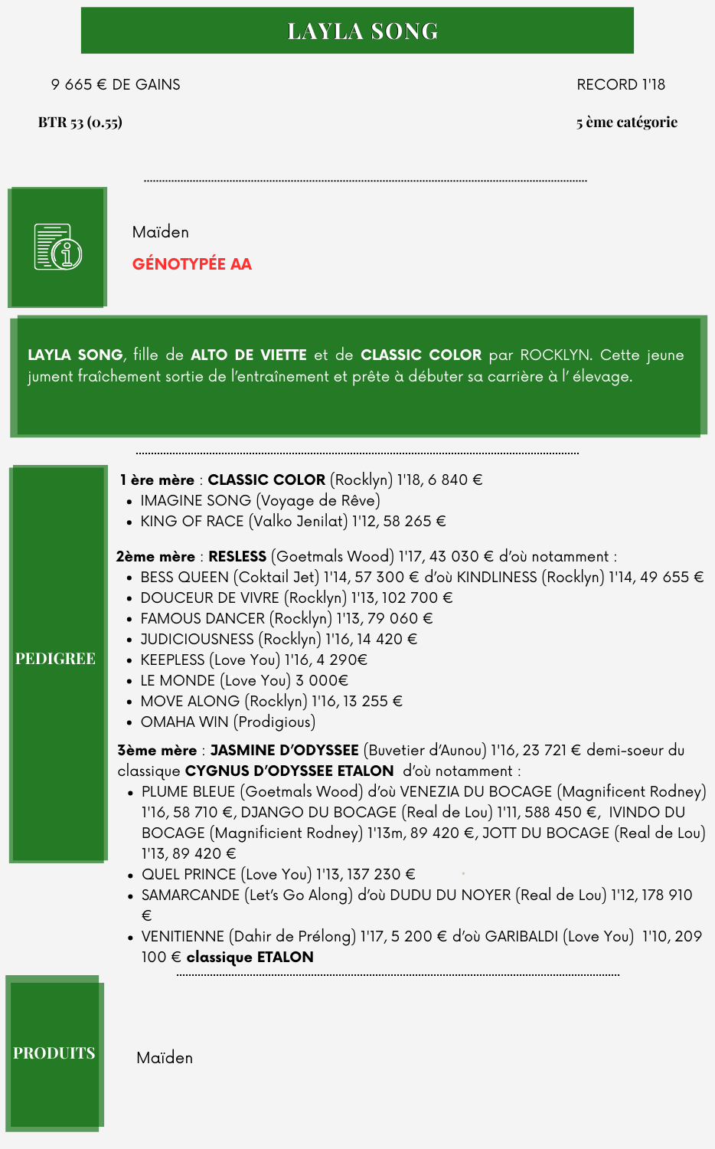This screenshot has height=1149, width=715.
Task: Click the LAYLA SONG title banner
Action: coord(357,31)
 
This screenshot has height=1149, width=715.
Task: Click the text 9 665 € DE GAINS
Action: coord(116,84)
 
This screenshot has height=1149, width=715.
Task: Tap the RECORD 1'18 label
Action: coord(620,84)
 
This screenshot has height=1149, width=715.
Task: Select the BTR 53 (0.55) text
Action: coord(80,122)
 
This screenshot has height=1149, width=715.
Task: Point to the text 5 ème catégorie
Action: coord(626,122)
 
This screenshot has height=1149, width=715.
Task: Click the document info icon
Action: coord(57,247)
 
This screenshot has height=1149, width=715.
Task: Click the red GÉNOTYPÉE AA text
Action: coord(191,264)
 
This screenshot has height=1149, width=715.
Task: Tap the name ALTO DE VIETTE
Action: coord(248,355)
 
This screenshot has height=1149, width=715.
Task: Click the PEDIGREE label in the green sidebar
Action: coord(55,659)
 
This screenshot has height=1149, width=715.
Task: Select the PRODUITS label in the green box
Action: coord(54,1053)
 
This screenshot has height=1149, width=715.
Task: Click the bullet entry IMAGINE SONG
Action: coord(195,500)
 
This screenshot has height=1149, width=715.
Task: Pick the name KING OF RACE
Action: coord(191,521)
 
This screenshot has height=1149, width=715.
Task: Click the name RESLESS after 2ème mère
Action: coord(237,556)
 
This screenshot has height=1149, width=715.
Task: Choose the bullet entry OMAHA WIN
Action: coord(184,722)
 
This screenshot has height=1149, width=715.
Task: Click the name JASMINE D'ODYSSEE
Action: coord(284,750)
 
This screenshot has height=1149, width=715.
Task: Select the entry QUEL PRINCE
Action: coord(188,874)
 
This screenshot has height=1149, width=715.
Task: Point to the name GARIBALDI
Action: coord(521,936)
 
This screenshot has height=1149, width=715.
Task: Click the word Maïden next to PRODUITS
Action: coord(165,1058)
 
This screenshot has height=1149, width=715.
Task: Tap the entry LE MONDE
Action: coord(178,680)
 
